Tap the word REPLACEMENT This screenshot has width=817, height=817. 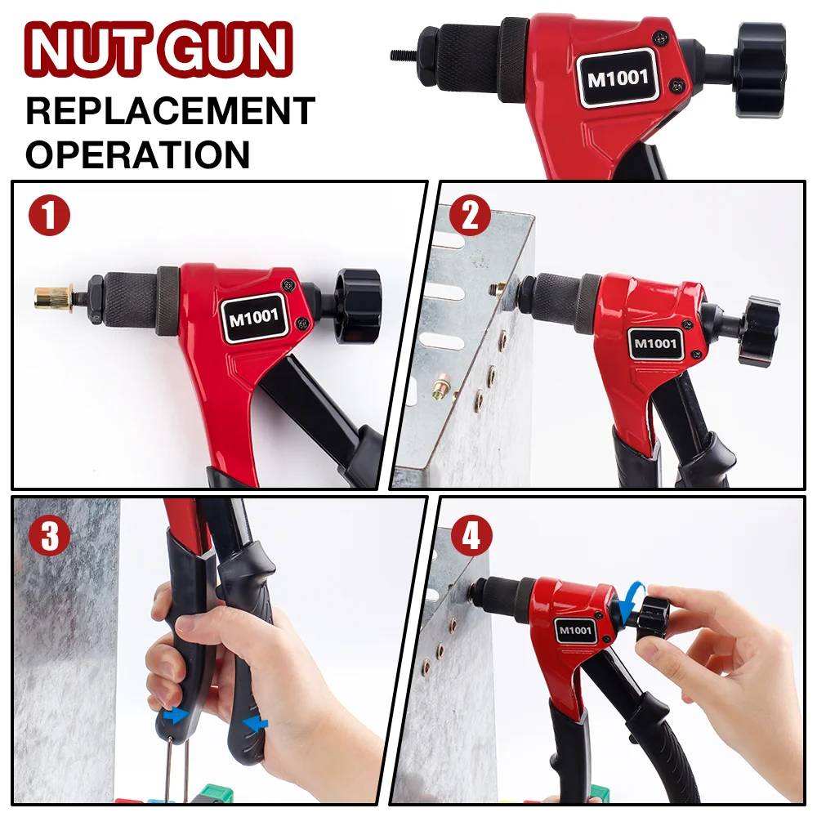[170, 111]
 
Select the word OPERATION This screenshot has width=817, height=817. [137, 154]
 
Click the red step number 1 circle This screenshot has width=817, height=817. [50, 216]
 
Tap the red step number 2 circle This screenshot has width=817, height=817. [470, 217]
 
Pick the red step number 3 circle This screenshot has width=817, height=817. [50, 535]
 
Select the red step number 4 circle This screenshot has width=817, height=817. [471, 536]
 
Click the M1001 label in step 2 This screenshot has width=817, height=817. [655, 343]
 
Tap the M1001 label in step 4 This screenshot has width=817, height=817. [576, 630]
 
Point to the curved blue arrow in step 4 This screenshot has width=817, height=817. [630, 602]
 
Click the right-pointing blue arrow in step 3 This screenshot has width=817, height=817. [173, 716]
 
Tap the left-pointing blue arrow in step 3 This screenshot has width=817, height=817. [256, 723]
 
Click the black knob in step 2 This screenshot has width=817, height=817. [757, 330]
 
